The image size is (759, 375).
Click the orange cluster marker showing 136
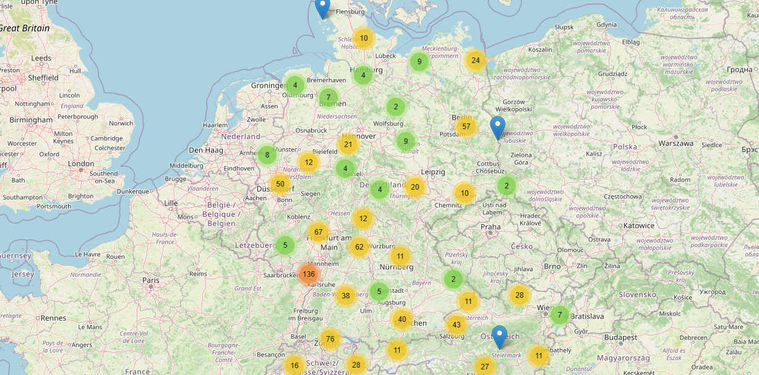coord(309,274)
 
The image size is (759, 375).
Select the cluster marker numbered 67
coord(319,232)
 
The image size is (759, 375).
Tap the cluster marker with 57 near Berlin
coord(466,127)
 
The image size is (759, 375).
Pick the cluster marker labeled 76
coord(330,339)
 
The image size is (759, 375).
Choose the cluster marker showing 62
coord(359,247)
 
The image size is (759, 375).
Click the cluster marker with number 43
coord(457,325)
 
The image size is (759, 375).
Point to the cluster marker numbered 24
coord(475,60)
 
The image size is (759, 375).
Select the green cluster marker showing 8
coord(267,154)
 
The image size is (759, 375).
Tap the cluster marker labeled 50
coord(280,184)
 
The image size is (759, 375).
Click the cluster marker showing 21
coord(348,145)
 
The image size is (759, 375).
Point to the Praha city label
coord(491,227)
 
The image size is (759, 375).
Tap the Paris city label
coord(151,280)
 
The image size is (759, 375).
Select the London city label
coord(81,164)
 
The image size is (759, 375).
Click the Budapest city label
coord(620,338)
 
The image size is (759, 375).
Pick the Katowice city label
coord(639,225)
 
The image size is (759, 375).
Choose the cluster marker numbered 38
coord(346,295)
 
